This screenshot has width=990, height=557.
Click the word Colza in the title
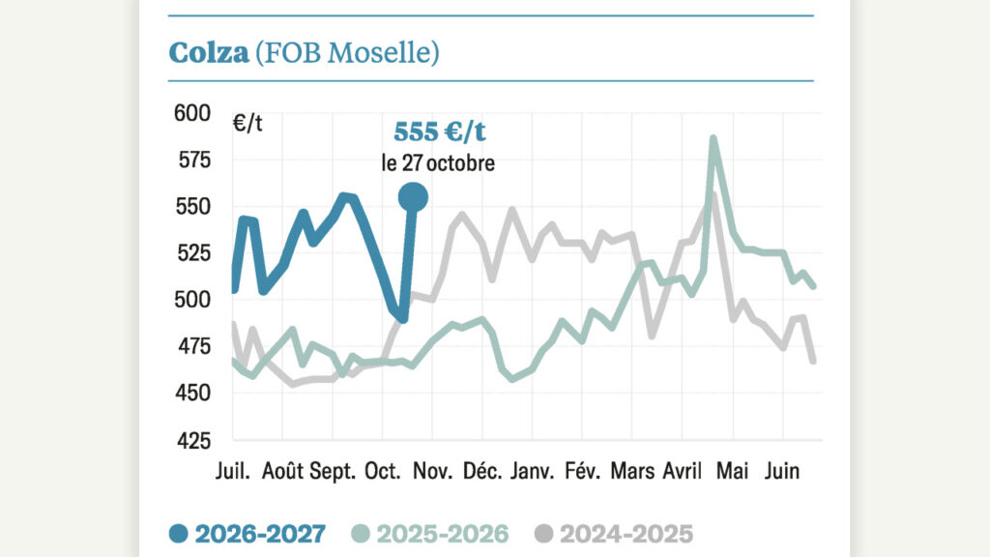coord(209,52)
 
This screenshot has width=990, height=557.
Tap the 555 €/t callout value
coord(440,132)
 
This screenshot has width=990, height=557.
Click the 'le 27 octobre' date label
coord(438,162)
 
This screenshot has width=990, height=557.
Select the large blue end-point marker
coord(413,197)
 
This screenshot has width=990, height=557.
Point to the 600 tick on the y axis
coord(192,114)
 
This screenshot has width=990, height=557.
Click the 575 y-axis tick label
coord(193,161)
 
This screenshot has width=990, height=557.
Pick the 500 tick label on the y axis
coord(192,300)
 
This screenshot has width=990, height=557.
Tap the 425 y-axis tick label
coord(193,440)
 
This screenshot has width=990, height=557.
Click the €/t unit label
coord(247,123)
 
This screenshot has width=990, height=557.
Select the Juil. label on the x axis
coord(232,471)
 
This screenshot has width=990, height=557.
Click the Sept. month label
coord(333,472)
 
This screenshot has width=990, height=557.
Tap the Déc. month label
coord(482,471)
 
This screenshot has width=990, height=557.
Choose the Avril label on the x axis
coord(682,471)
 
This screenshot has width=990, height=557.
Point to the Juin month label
coord(781,471)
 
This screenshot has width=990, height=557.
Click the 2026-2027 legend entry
coord(247,534)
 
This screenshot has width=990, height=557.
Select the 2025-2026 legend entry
coord(430,534)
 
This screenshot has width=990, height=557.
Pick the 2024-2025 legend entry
coord(614,534)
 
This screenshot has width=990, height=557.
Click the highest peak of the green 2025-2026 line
coord(713,137)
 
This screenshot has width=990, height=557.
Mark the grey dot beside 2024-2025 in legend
coord(543,534)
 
